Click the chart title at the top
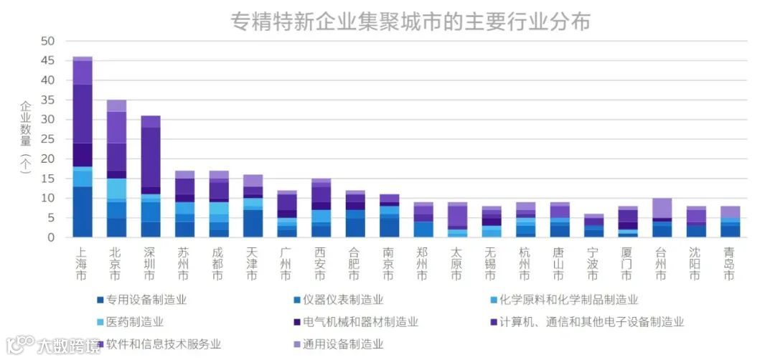410,22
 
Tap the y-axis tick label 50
48,42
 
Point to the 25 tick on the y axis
48,139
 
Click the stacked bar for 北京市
116,169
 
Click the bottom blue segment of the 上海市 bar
82,212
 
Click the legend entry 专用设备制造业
146,300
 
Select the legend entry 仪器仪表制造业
342,300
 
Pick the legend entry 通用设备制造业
342,344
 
